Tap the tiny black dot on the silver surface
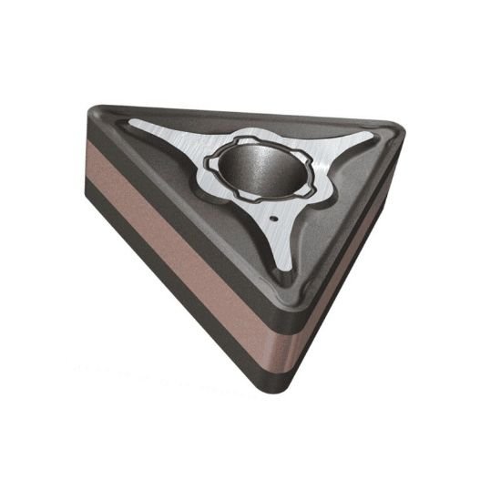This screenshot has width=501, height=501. (x=274, y=220)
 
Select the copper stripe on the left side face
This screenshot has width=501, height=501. (x=173, y=237)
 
